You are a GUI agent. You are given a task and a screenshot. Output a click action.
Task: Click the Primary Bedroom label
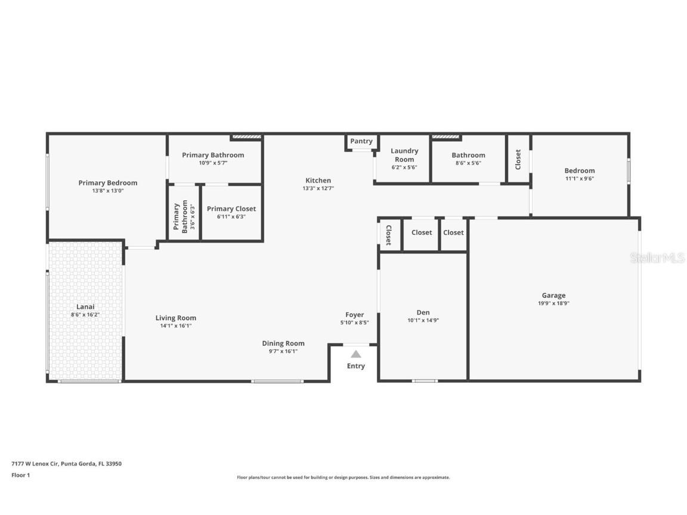(108, 183)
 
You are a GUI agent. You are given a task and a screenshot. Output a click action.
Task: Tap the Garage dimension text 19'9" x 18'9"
(553, 303)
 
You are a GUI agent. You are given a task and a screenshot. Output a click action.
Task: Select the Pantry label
(361, 141)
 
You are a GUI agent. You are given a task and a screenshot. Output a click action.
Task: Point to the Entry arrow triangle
(356, 354)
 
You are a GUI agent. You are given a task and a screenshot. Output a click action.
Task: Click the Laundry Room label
(404, 155)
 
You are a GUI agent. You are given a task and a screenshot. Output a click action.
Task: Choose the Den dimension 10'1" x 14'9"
(423, 320)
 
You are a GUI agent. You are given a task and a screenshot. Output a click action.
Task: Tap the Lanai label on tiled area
(85, 306)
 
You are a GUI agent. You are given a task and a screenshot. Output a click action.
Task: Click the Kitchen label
(318, 181)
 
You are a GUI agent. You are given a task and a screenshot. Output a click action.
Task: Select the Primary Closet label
(231, 209)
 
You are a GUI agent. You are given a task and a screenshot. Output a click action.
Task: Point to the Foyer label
(354, 315)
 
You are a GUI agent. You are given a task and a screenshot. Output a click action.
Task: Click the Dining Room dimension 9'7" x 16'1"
(283, 351)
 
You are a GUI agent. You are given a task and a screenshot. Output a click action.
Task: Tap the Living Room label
(176, 318)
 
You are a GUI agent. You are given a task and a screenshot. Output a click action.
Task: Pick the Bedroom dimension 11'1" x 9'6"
(580, 178)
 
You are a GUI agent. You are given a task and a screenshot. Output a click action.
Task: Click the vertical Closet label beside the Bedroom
(518, 159)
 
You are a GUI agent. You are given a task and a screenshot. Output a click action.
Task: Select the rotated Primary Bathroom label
(177, 217)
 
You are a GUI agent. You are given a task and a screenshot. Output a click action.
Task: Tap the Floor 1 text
(20, 475)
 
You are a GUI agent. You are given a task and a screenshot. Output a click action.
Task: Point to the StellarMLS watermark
(658, 257)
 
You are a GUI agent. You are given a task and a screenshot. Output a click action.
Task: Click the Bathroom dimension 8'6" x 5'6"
(468, 163)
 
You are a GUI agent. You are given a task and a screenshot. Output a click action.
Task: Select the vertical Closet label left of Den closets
(388, 235)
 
